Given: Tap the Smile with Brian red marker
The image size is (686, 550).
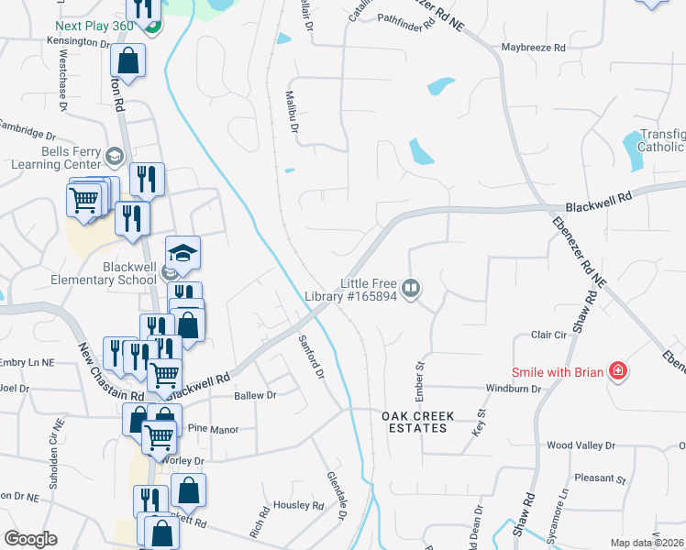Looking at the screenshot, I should click(x=619, y=372).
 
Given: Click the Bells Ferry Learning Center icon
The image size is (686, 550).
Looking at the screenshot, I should click(x=115, y=154).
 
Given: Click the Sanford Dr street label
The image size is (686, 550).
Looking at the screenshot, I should click(x=312, y=357).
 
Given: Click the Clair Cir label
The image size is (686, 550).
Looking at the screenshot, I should click(x=538, y=335).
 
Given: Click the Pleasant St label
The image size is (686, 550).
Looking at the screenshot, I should click(x=599, y=478).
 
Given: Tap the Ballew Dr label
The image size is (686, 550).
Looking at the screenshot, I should click(x=255, y=395).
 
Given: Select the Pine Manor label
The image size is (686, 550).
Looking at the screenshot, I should click(x=212, y=429).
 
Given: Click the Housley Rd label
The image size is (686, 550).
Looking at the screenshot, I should click(x=299, y=505).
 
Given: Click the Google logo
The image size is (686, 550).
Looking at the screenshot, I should click(x=30, y=539).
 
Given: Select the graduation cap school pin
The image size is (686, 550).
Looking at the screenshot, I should click(x=183, y=252).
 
